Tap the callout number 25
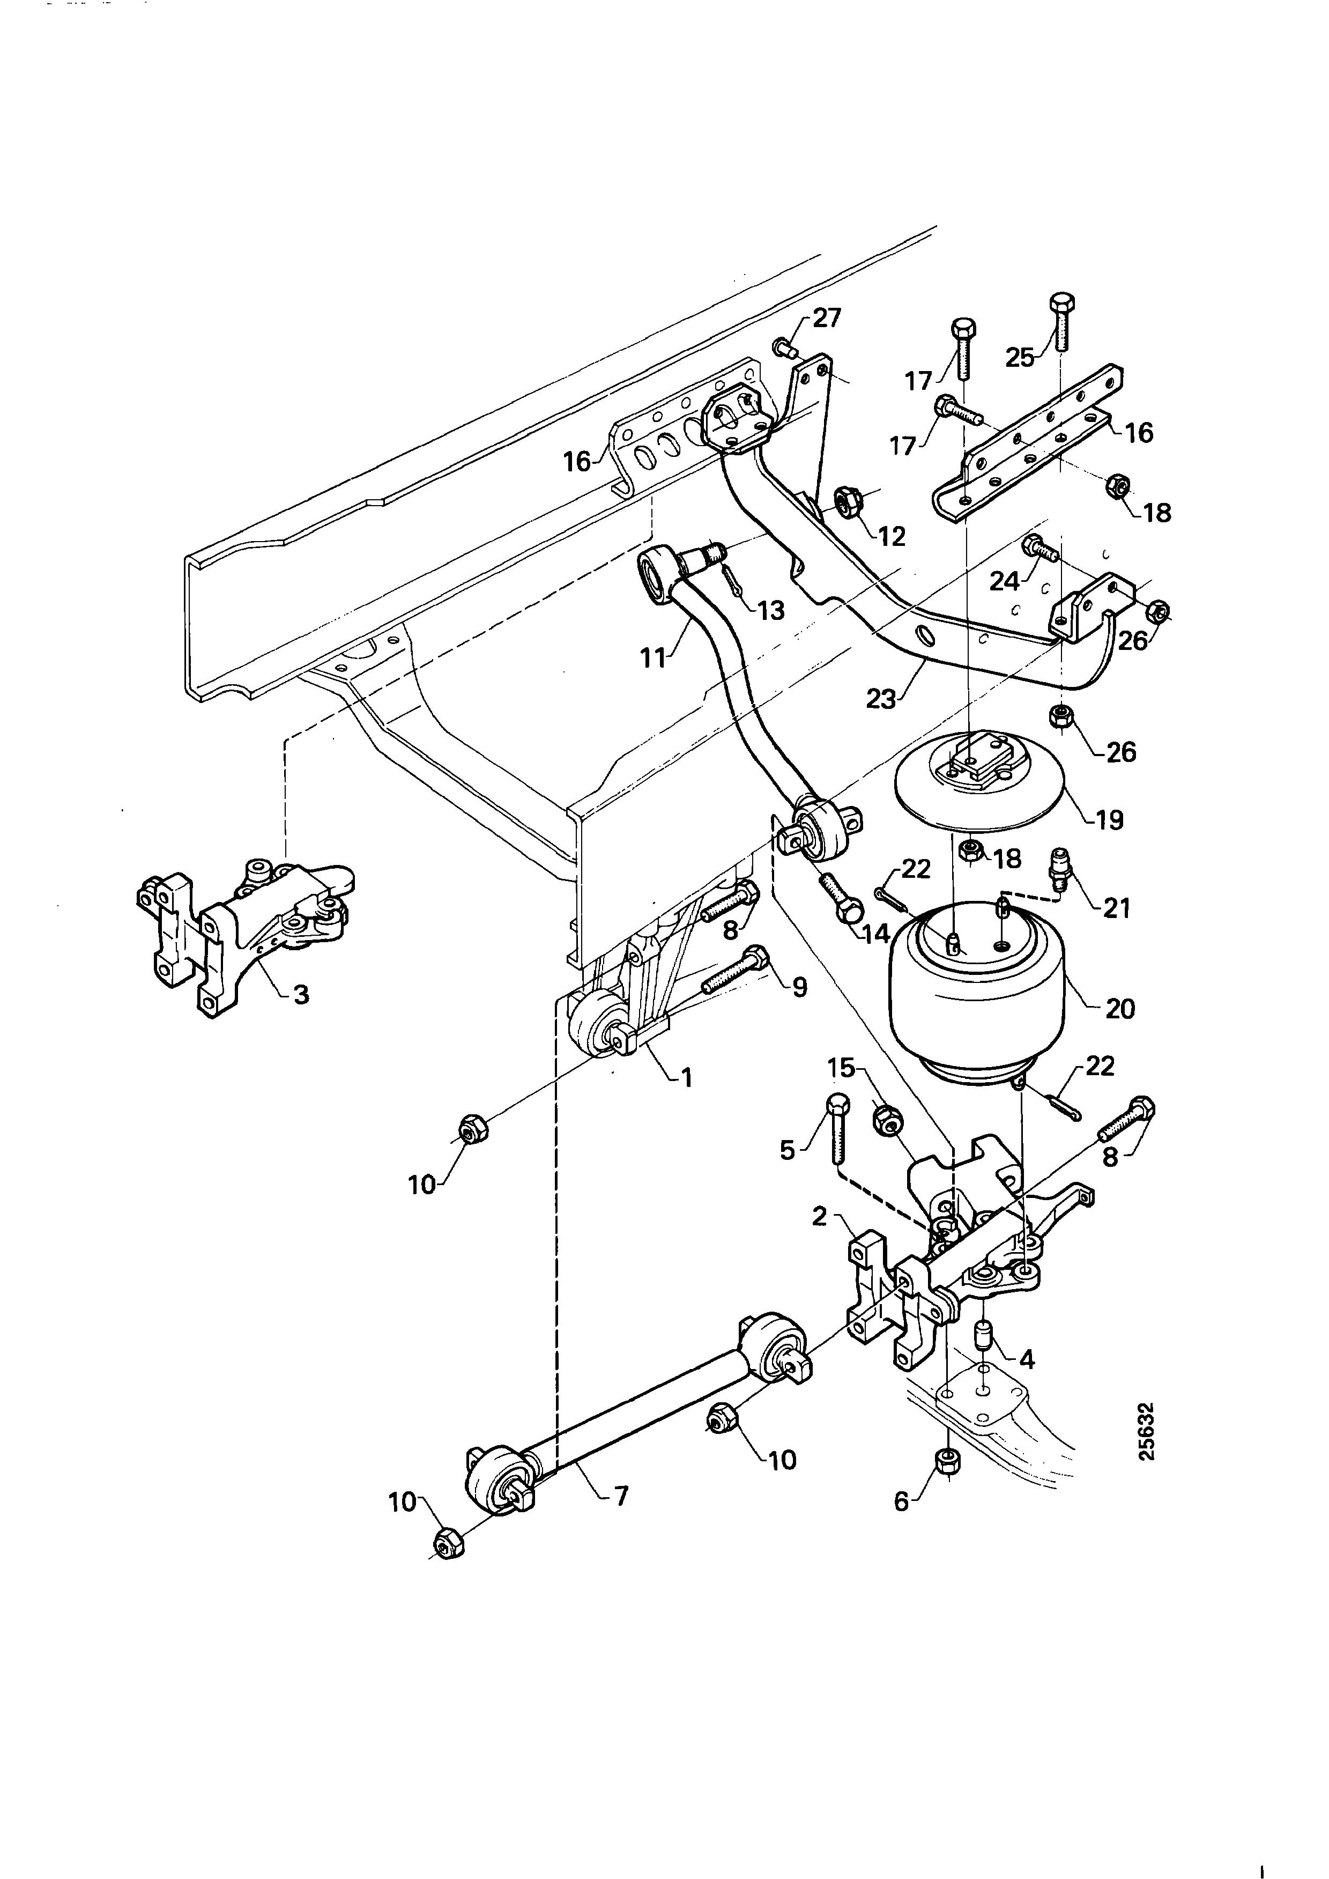coord(1020,358)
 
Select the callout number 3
coord(301,995)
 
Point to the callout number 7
coord(621,1496)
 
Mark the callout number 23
coord(881,700)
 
